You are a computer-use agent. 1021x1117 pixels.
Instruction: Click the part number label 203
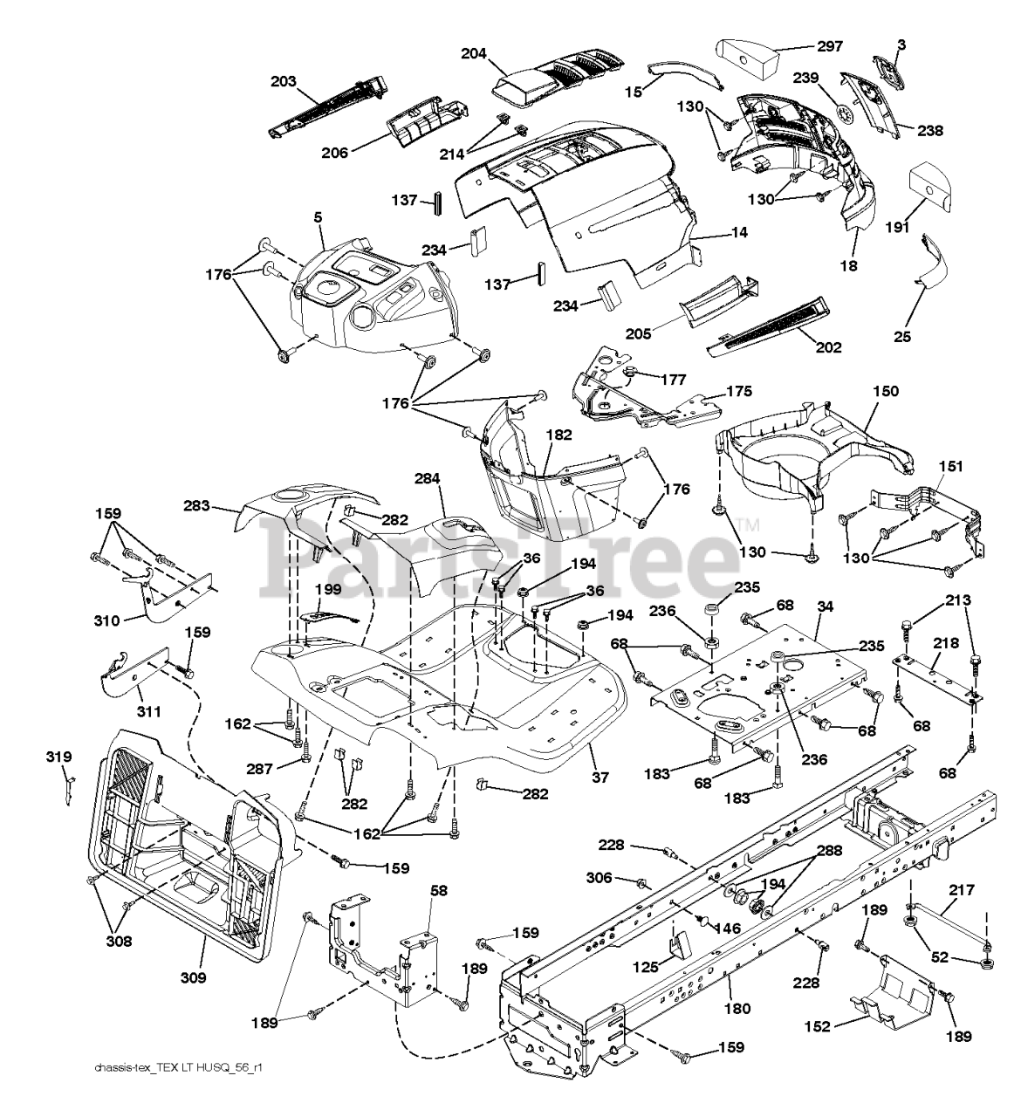(284, 81)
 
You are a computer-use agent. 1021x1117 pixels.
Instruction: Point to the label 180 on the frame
(737, 1009)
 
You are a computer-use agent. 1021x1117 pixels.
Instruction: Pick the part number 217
(962, 892)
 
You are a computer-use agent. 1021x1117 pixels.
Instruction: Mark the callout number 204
(474, 54)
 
